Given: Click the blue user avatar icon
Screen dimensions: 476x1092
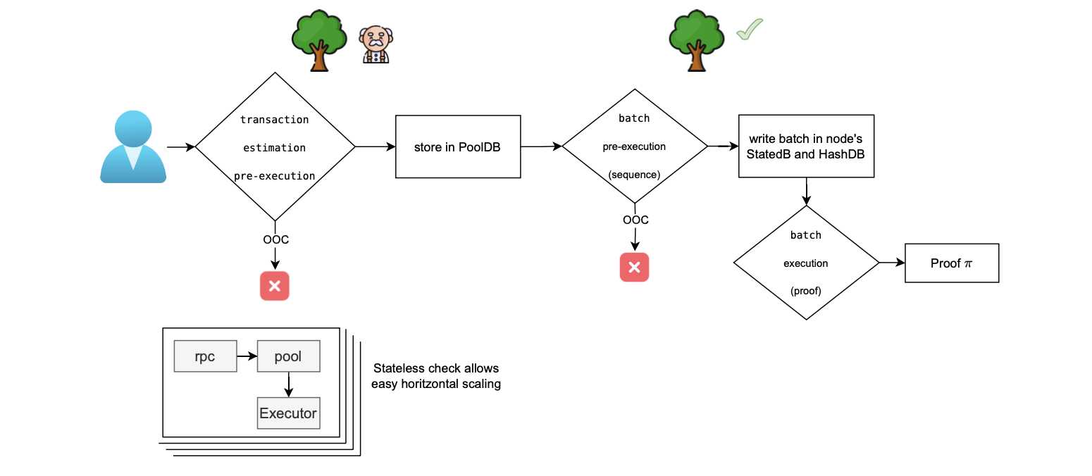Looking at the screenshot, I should [133, 147].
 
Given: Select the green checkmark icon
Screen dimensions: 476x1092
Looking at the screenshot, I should [750, 30].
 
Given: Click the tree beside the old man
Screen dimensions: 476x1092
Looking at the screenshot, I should [319, 41].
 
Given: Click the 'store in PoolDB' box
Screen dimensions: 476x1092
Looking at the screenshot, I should [458, 147].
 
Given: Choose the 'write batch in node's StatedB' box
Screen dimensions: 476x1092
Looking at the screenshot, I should [806, 146].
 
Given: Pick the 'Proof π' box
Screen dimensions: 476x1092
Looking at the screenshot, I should [951, 263].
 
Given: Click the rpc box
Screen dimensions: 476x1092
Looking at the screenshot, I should [204, 357].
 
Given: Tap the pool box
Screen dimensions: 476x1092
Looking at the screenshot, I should [288, 357].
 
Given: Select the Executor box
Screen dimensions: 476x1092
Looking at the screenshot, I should [288, 413].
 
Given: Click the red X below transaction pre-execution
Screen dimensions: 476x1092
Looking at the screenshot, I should [275, 287].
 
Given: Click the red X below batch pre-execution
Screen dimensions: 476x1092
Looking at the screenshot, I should [634, 267].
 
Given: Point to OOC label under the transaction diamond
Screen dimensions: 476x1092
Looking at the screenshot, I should [275, 239].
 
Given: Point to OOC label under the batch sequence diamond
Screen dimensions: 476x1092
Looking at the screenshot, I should [635, 220].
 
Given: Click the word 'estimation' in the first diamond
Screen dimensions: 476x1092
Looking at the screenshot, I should [275, 148].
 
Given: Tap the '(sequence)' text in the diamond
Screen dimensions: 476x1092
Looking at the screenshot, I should [634, 174].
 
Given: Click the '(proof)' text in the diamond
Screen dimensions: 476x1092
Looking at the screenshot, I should [806, 290].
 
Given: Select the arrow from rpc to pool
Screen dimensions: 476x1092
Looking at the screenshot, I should [246, 357].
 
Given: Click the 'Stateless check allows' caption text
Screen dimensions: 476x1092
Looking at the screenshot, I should [435, 368].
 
